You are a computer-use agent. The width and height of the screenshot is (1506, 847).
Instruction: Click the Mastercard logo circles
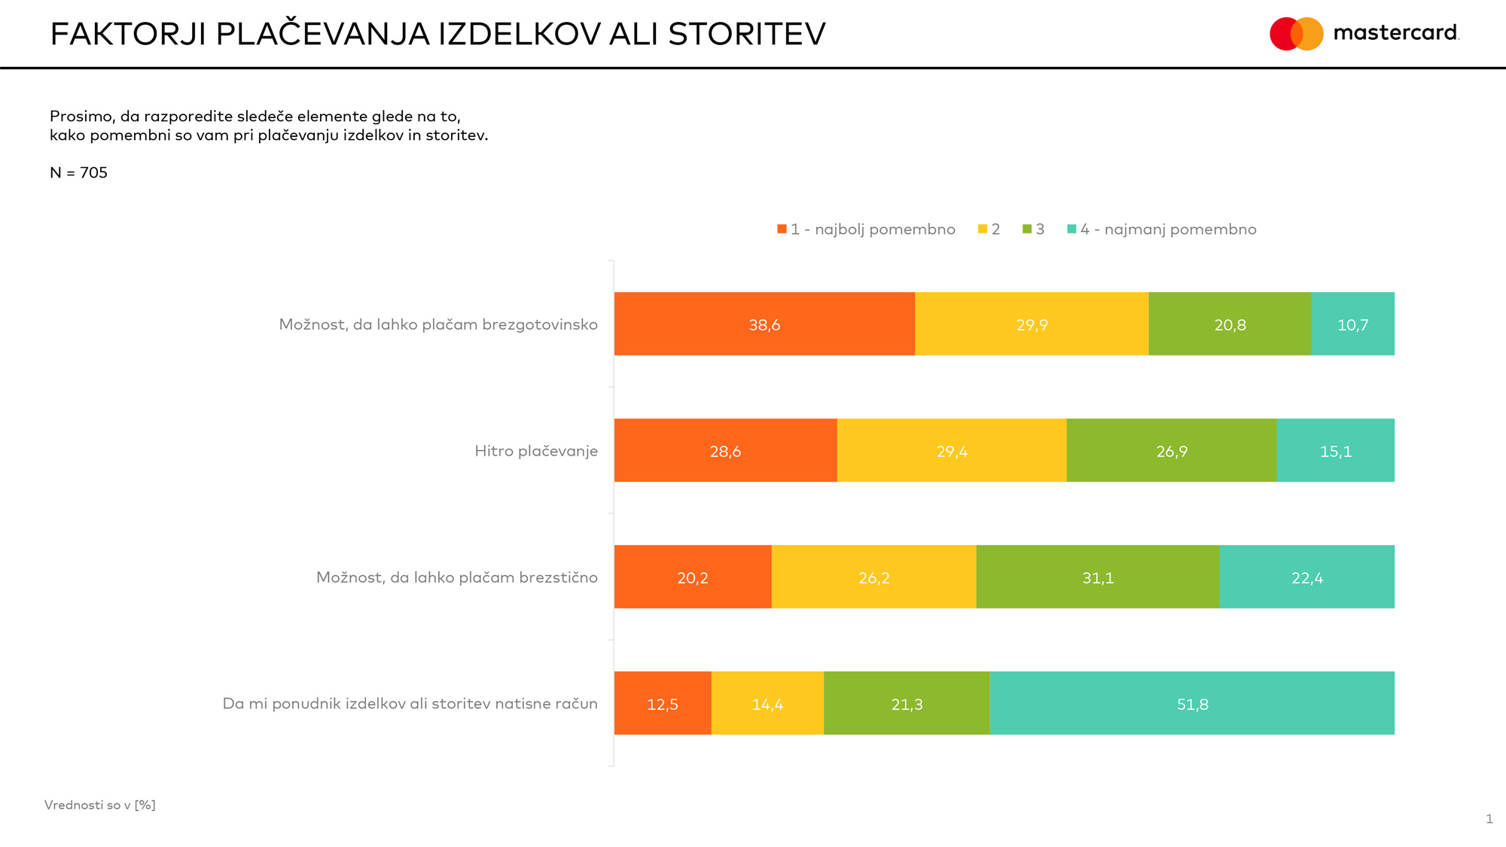(x=1296, y=34)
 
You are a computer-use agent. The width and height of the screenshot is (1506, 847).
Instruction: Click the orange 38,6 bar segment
(x=764, y=324)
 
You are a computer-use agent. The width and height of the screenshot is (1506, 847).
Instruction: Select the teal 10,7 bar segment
(x=1352, y=324)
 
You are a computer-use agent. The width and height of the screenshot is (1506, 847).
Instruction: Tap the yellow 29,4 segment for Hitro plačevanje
(x=952, y=450)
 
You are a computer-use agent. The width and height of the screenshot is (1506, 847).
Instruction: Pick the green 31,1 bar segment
(x=1097, y=577)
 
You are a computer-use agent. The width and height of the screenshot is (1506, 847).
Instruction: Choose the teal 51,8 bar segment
(x=1192, y=703)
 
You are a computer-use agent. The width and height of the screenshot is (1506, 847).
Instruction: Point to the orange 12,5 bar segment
(x=663, y=703)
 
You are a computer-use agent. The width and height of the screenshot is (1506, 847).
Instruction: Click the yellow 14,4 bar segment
(x=767, y=703)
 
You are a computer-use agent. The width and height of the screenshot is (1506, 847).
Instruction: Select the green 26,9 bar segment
(x=1172, y=450)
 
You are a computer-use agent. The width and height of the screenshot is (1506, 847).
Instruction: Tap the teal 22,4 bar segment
(x=1306, y=577)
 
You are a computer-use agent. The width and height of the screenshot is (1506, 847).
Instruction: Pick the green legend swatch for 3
(x=1027, y=229)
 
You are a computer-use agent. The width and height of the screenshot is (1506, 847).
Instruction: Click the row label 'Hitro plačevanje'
(x=536, y=451)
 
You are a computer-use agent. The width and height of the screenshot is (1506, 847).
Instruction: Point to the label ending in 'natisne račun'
(x=410, y=704)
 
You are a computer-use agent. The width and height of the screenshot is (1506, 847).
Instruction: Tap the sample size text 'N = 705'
(x=78, y=172)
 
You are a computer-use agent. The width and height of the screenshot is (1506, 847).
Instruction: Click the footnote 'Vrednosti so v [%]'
(x=100, y=805)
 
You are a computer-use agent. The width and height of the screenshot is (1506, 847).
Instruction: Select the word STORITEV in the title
(x=746, y=35)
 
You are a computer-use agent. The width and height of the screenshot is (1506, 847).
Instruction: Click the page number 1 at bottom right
(x=1489, y=819)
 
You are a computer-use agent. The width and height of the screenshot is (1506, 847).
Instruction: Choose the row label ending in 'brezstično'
(x=456, y=577)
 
